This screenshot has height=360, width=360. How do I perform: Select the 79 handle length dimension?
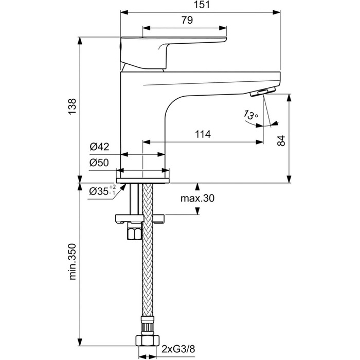187,21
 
